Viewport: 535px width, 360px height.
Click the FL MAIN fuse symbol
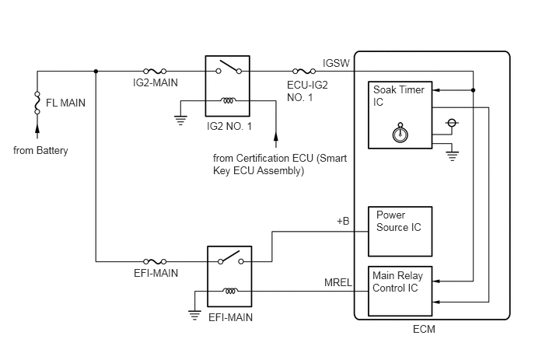(x=37, y=103)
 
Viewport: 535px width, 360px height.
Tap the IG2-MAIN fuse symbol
(x=155, y=71)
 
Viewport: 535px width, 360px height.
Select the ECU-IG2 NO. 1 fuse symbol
(x=304, y=71)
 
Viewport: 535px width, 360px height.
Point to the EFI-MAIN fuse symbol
(x=155, y=261)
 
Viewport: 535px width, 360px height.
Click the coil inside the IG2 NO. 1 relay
(x=228, y=100)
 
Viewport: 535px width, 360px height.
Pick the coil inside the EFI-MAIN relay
(x=230, y=291)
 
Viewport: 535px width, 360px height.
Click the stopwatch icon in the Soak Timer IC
(x=400, y=133)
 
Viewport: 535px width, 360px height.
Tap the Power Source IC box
(x=400, y=232)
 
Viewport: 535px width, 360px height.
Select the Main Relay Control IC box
(x=400, y=291)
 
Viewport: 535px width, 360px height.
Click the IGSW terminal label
(x=336, y=63)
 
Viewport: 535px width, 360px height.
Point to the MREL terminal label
(x=337, y=282)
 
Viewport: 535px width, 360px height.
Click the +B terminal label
(x=343, y=221)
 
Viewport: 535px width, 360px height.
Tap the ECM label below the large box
(x=424, y=329)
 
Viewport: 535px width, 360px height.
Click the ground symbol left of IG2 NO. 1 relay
(x=180, y=121)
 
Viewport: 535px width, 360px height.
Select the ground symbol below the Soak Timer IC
(x=452, y=156)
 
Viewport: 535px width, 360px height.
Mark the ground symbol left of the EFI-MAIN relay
(x=194, y=315)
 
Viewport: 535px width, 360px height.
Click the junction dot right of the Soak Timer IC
(x=473, y=90)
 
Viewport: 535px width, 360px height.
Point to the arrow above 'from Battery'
(x=37, y=131)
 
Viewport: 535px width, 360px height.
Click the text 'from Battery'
(x=40, y=151)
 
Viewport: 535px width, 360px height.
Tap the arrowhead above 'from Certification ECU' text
(x=276, y=136)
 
